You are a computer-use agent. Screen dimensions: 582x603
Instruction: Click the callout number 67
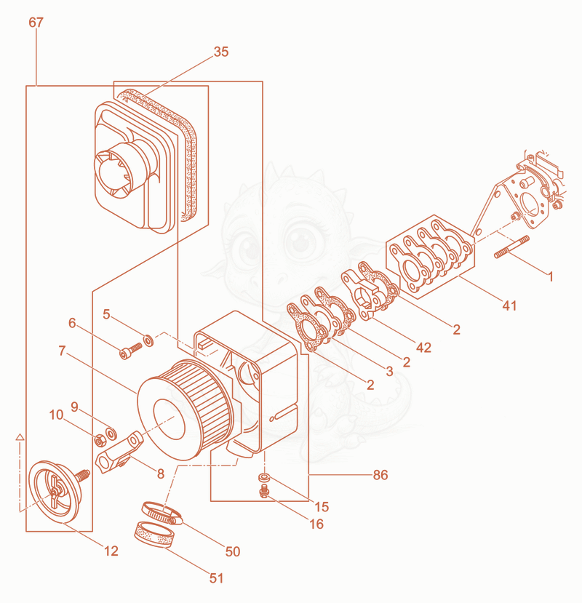click(36, 23)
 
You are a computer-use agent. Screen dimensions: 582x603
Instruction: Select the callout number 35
click(221, 52)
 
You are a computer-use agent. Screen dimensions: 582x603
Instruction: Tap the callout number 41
click(509, 306)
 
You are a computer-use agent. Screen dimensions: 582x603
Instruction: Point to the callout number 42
click(423, 347)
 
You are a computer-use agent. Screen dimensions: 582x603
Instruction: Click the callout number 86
click(380, 475)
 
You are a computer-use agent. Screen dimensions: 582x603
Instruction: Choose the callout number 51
click(216, 578)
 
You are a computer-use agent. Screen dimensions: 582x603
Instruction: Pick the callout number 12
click(111, 551)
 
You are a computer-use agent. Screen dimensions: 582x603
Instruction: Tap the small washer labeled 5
click(148, 340)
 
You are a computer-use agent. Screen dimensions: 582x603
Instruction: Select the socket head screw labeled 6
click(131, 351)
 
